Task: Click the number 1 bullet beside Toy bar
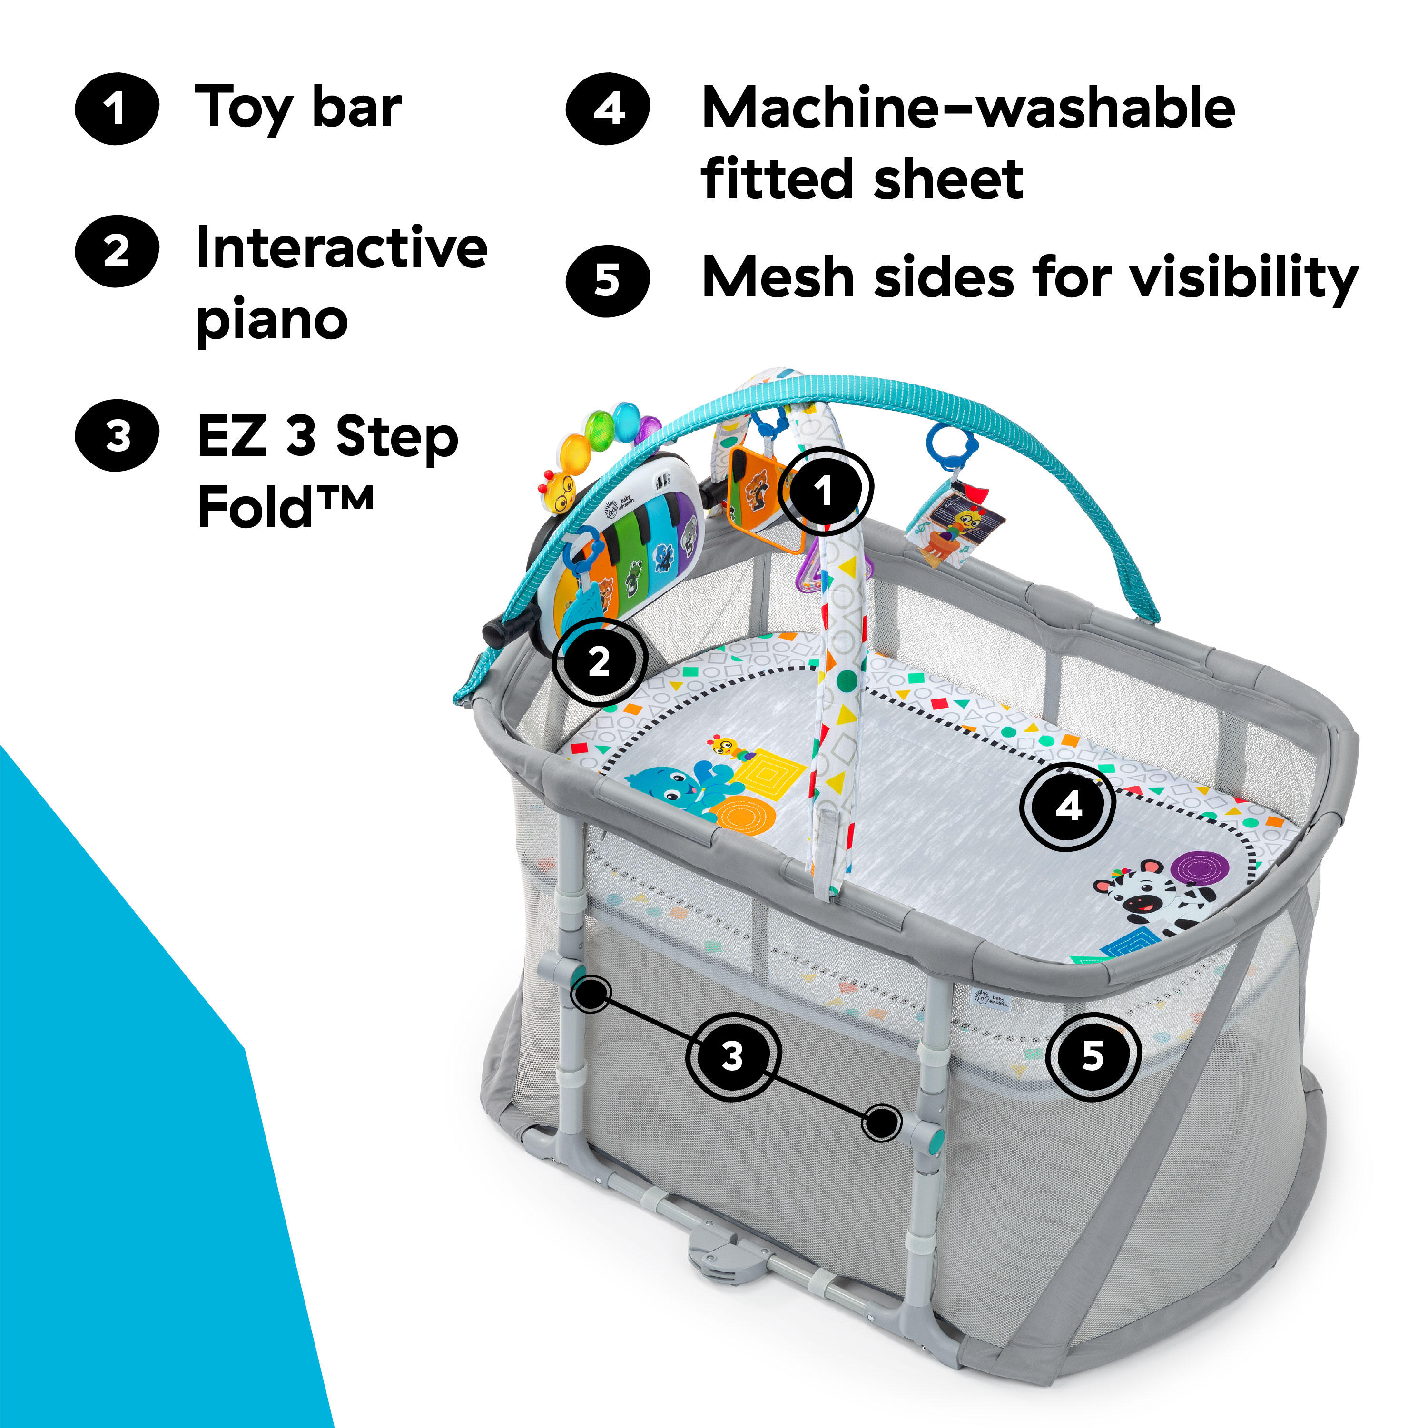pyautogui.click(x=117, y=108)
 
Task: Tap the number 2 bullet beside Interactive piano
pyautogui.click(x=117, y=251)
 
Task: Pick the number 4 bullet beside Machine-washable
pyautogui.click(x=608, y=108)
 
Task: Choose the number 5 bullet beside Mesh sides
pyautogui.click(x=608, y=281)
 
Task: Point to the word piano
pyautogui.click(x=272, y=321)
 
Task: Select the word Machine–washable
pyautogui.click(x=968, y=108)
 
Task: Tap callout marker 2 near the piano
pyautogui.click(x=599, y=660)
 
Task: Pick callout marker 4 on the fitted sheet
pyautogui.click(x=1067, y=807)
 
